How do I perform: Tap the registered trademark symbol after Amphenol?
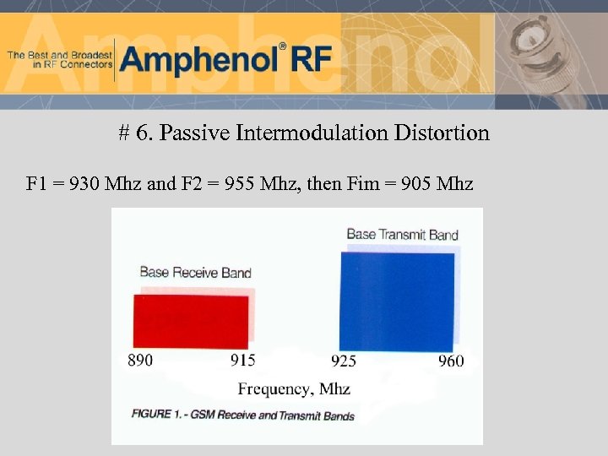(x=284, y=46)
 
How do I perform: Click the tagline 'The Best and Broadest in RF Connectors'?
(x=59, y=59)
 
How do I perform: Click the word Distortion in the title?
(x=447, y=133)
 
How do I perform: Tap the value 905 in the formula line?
(x=415, y=183)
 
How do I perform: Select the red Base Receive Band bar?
(x=190, y=321)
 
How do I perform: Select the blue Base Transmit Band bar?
(x=397, y=301)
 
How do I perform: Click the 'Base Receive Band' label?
(x=195, y=272)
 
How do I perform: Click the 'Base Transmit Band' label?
(x=402, y=234)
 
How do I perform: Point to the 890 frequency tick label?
(x=140, y=361)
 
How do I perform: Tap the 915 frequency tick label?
(x=243, y=361)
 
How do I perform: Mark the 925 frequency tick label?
(x=344, y=361)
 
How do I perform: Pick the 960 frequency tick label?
(x=451, y=361)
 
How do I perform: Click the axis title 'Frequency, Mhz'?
(x=294, y=389)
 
